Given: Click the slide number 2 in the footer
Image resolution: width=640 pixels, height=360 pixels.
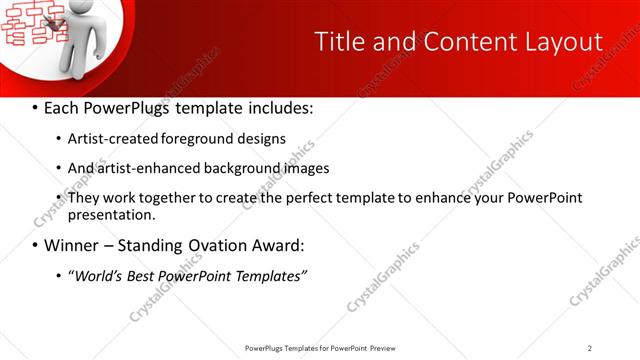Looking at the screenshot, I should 590,348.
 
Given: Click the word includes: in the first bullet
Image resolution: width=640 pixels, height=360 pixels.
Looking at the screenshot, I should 278,107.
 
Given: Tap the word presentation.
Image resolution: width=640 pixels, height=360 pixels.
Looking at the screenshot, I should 111,214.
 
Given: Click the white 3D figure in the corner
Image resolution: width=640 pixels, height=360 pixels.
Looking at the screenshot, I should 80,40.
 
